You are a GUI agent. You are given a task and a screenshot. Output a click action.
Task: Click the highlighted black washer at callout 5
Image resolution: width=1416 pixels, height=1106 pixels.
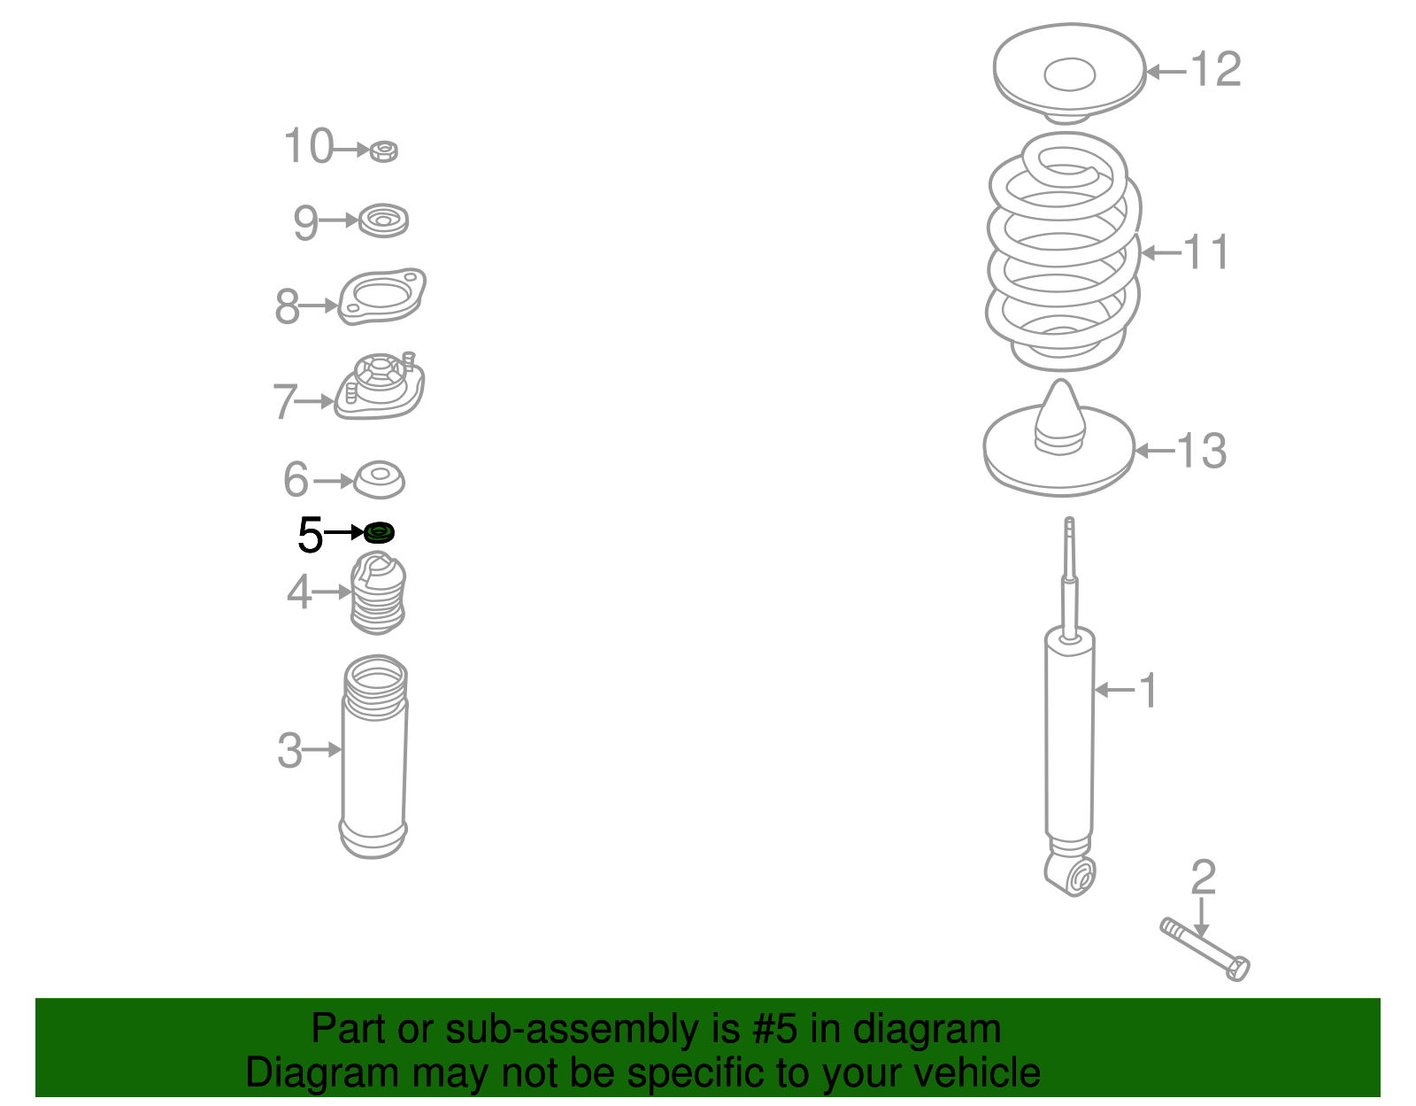pyautogui.click(x=379, y=532)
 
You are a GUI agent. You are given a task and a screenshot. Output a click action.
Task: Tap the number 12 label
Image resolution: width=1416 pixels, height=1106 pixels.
pyautogui.click(x=1215, y=69)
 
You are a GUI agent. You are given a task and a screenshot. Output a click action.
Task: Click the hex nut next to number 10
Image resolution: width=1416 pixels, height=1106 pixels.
pyautogui.click(x=384, y=151)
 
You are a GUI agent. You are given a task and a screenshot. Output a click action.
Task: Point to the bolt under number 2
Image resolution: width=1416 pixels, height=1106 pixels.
pyautogui.click(x=1204, y=949)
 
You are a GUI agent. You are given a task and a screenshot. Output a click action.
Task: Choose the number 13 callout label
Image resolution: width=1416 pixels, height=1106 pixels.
pyautogui.click(x=1201, y=451)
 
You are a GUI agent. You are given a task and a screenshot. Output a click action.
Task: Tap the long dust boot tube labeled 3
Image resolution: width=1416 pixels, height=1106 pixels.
pyautogui.click(x=374, y=756)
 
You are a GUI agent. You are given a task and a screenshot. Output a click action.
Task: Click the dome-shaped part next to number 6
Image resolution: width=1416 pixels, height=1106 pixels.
pyautogui.click(x=380, y=480)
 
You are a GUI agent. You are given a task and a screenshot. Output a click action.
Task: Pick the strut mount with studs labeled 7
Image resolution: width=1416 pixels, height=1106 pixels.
pyautogui.click(x=380, y=386)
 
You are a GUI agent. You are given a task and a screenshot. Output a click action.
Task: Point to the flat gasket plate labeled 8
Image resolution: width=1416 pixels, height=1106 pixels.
pyautogui.click(x=381, y=296)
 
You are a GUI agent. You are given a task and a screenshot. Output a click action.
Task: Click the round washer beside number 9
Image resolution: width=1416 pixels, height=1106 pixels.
pyautogui.click(x=384, y=220)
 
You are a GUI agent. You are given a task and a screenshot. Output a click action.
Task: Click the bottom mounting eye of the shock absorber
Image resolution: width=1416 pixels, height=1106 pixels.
pyautogui.click(x=1072, y=875)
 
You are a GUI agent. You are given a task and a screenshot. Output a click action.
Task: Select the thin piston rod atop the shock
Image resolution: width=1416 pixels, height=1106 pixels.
pyautogui.click(x=1069, y=576)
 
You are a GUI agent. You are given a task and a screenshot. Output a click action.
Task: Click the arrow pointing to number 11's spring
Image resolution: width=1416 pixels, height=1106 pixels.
pyautogui.click(x=1162, y=252)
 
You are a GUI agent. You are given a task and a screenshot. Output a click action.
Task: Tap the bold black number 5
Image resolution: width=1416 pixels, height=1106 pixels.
pyautogui.click(x=310, y=535)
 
